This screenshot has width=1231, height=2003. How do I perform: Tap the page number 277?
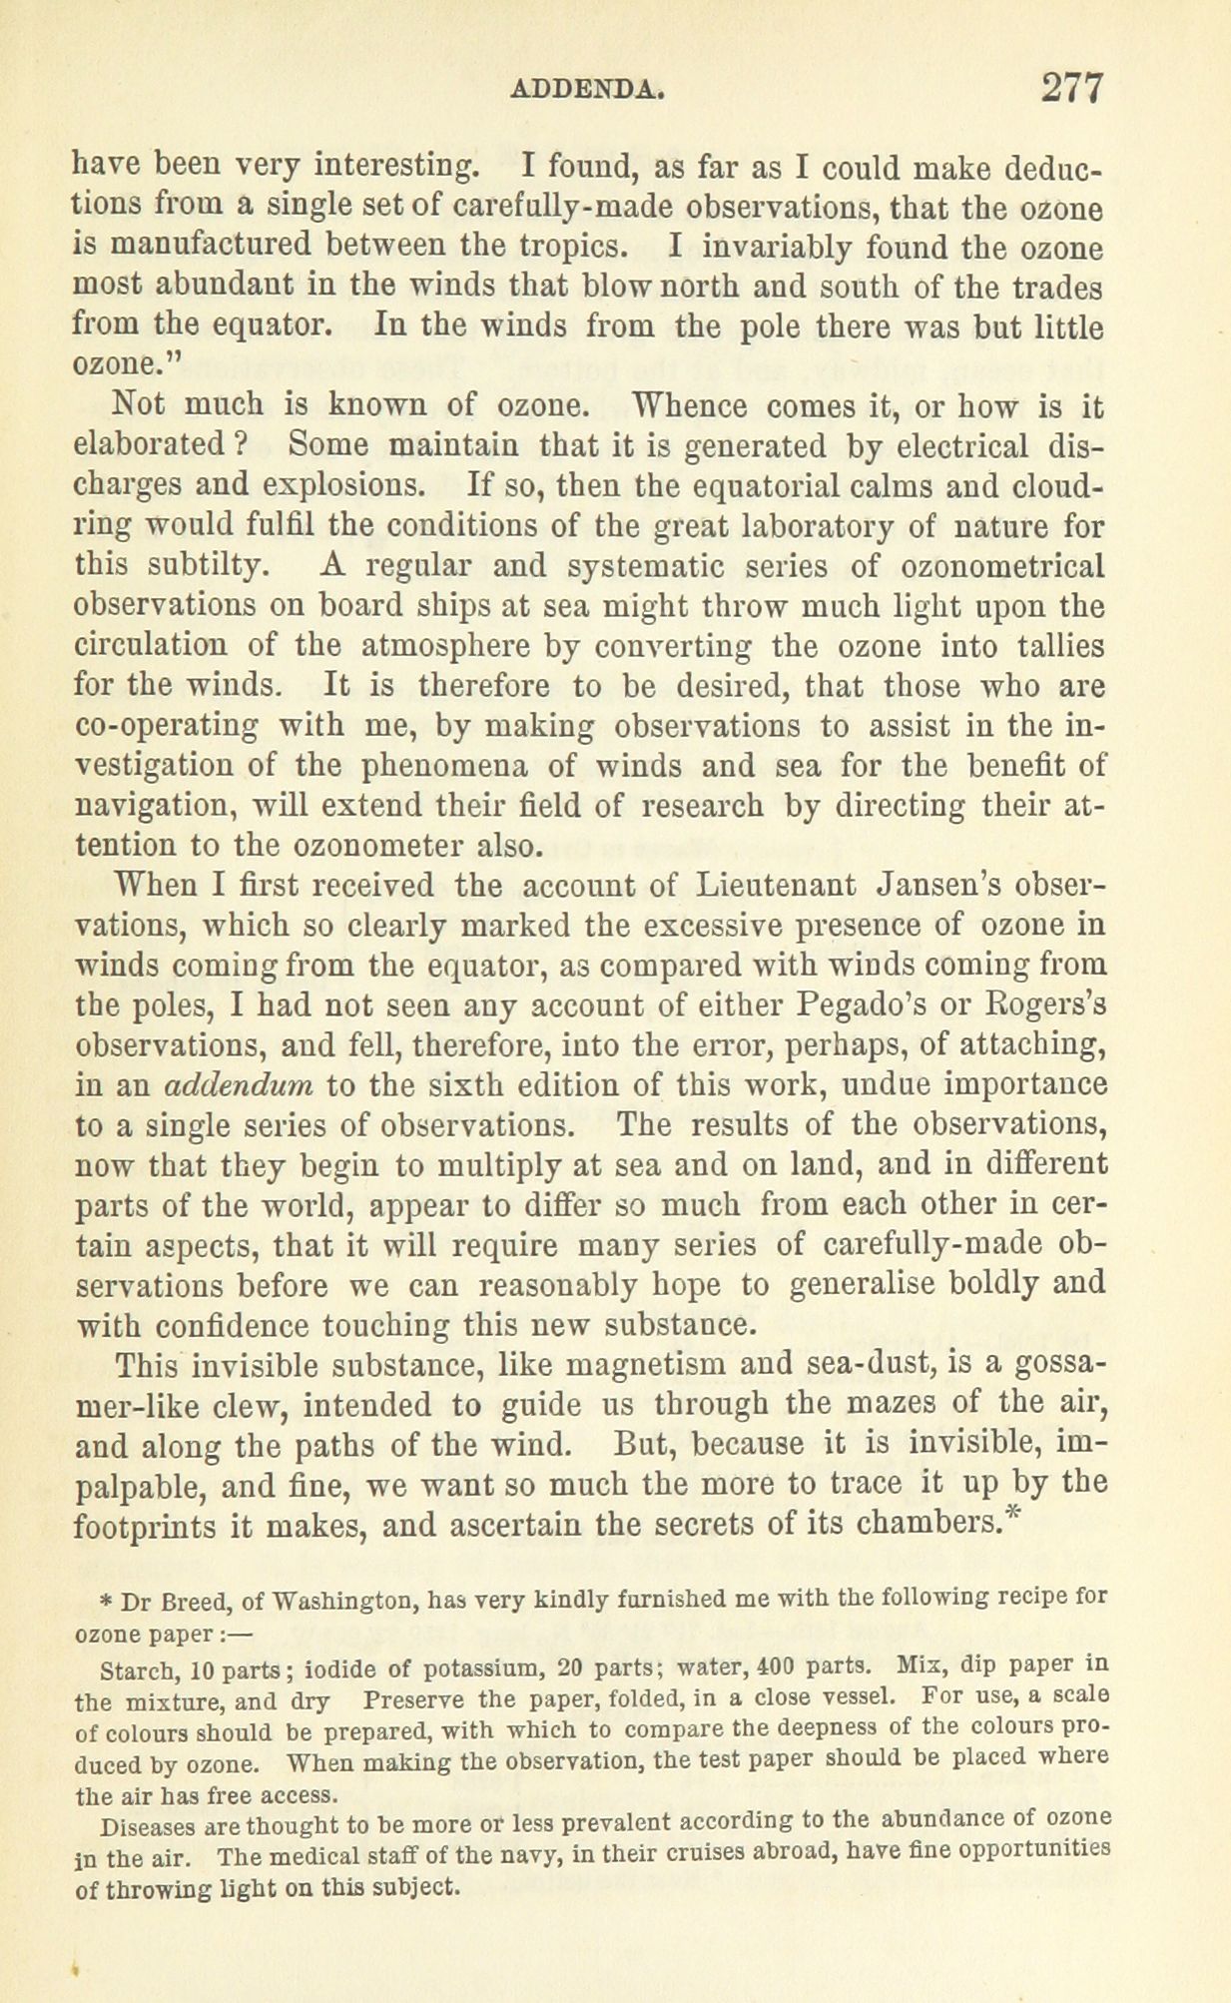click(x=1071, y=87)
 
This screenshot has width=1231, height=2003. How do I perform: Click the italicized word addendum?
click(x=238, y=1085)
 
